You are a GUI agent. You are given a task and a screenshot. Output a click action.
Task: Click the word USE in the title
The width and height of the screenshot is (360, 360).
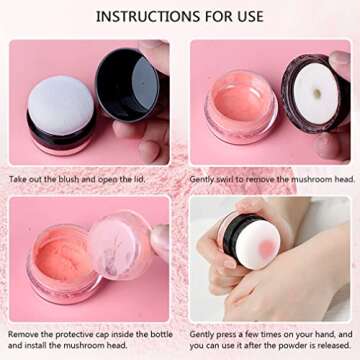pyautogui.click(x=248, y=16)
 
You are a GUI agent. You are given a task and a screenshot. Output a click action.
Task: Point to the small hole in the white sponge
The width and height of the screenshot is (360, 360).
pyautogui.click(x=317, y=94)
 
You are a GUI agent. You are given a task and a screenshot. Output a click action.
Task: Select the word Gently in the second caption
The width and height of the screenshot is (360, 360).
pyautogui.click(x=201, y=179)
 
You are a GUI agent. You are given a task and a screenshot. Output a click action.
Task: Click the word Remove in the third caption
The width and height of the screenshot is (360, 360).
pyautogui.click(x=24, y=332)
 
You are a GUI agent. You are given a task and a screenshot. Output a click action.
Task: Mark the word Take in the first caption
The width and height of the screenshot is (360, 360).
pyautogui.click(x=19, y=179)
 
